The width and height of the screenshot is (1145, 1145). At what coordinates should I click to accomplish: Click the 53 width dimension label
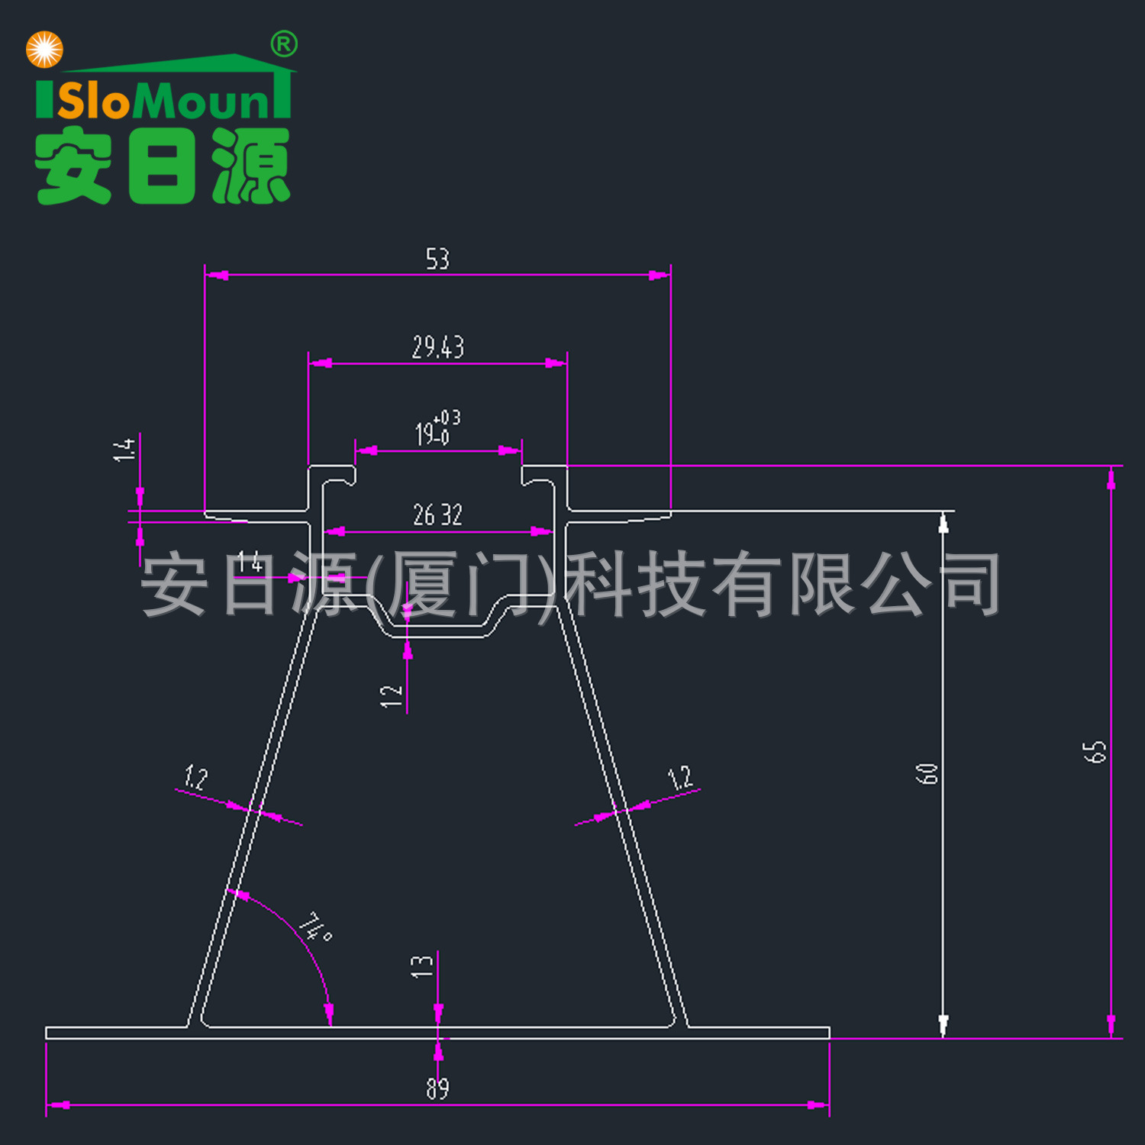(x=437, y=260)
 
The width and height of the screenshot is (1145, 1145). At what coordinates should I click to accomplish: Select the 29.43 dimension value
(x=437, y=347)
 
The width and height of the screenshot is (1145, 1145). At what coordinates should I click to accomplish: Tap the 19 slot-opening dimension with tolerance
(x=437, y=429)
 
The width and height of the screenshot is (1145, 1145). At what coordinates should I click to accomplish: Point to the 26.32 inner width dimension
(x=437, y=515)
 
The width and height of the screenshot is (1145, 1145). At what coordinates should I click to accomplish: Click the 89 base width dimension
(x=437, y=1088)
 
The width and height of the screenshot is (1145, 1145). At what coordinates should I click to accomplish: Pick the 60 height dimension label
(x=927, y=773)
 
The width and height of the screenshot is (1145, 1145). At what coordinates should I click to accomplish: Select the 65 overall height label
(x=1095, y=750)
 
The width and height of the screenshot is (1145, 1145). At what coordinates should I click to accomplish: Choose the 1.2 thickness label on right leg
(x=679, y=777)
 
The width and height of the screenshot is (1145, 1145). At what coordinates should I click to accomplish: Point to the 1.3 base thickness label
(x=421, y=966)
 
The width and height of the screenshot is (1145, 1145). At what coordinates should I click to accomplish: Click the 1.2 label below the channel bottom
(x=391, y=695)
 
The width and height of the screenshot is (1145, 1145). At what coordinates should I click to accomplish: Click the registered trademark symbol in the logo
(x=284, y=45)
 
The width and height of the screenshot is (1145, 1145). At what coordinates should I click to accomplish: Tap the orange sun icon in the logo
(x=44, y=50)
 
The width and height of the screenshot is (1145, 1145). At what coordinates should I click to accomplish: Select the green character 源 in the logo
(x=251, y=166)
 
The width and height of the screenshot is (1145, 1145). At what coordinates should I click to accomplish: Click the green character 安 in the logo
(x=73, y=166)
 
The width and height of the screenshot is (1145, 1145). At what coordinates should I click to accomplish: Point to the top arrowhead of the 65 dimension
(x=1111, y=479)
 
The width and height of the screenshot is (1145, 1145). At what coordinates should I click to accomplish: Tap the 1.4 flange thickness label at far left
(x=124, y=449)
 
